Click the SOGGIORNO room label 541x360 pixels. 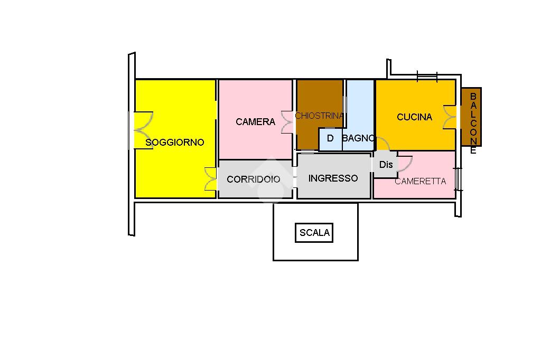(x=175, y=143)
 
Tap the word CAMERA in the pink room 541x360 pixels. (x=256, y=122)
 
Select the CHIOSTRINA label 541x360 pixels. (x=319, y=116)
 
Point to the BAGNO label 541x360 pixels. (x=359, y=138)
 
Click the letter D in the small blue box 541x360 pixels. (x=331, y=138)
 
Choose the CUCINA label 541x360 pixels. (x=415, y=117)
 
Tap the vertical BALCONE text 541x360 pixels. (x=473, y=123)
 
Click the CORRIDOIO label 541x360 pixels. (x=254, y=179)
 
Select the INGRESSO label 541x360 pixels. (x=333, y=178)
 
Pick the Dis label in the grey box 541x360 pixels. (x=386, y=165)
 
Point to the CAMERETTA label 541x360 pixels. (x=421, y=181)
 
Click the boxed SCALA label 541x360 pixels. (x=314, y=233)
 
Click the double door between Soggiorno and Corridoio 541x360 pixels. (x=210, y=178)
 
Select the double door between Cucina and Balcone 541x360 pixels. (x=450, y=117)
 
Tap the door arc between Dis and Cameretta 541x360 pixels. (x=403, y=163)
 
